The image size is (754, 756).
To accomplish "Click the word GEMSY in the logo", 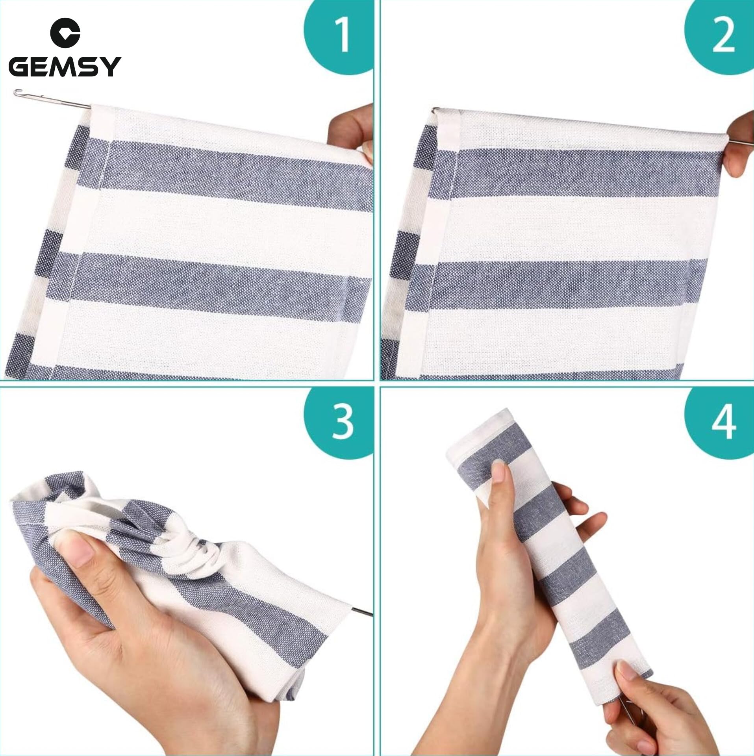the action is click(65, 67).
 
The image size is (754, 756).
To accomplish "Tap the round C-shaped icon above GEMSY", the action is click(65, 34).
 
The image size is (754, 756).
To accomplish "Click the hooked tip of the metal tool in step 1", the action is click(16, 93).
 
